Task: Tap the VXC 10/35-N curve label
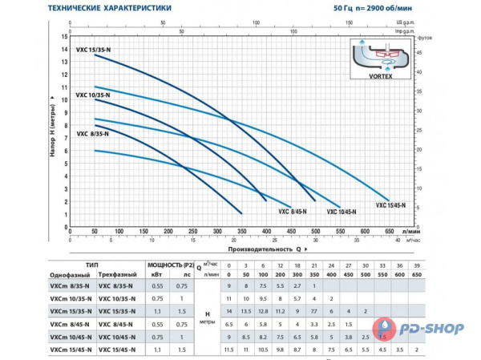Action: point(92,95)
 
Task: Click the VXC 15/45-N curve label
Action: point(391,205)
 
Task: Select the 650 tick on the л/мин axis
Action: point(390,231)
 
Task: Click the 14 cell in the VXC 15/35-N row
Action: point(229,310)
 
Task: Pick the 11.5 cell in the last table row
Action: point(229,350)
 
